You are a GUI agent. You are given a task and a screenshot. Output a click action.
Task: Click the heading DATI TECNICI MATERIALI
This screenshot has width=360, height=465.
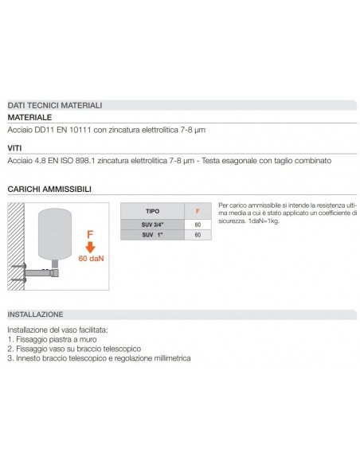coord(55,105)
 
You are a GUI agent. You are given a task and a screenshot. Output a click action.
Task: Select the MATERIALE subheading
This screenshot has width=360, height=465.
coord(29,117)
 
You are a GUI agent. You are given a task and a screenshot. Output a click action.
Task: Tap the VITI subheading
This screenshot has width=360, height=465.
coord(14,148)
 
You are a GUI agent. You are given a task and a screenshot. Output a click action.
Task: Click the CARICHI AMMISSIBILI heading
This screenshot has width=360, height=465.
coord(49,190)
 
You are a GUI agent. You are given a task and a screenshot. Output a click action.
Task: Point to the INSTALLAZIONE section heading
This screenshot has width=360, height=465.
coord(35,315)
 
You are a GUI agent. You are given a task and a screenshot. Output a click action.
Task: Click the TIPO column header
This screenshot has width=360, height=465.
coord(152,211)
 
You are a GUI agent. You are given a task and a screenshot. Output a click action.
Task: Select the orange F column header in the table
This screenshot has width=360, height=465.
coord(198,211)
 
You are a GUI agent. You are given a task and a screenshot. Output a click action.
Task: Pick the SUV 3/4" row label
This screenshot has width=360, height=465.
coord(152,225)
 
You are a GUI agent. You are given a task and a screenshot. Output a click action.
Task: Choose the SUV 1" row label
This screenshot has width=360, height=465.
coord(152,235)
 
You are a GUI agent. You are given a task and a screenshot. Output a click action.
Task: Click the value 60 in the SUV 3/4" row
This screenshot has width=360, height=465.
coord(198,225)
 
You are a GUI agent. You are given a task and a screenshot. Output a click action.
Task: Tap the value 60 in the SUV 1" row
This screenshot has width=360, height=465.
coord(198,235)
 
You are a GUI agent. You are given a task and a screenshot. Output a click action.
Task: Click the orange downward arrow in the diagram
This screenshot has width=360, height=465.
coord(90,247)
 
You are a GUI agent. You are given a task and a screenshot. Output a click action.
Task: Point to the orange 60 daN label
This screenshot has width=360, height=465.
coord(91,259)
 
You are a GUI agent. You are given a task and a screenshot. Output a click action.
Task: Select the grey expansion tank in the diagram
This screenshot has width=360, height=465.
coord(55,234)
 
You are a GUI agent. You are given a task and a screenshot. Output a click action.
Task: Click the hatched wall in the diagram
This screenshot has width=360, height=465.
coord(16,246)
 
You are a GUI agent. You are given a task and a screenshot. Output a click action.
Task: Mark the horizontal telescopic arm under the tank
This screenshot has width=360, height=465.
coord(41,273)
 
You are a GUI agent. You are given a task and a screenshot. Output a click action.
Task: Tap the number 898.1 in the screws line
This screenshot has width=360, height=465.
coord(85,161)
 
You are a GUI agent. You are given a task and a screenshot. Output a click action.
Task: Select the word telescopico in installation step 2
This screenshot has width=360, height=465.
coord(122,349)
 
